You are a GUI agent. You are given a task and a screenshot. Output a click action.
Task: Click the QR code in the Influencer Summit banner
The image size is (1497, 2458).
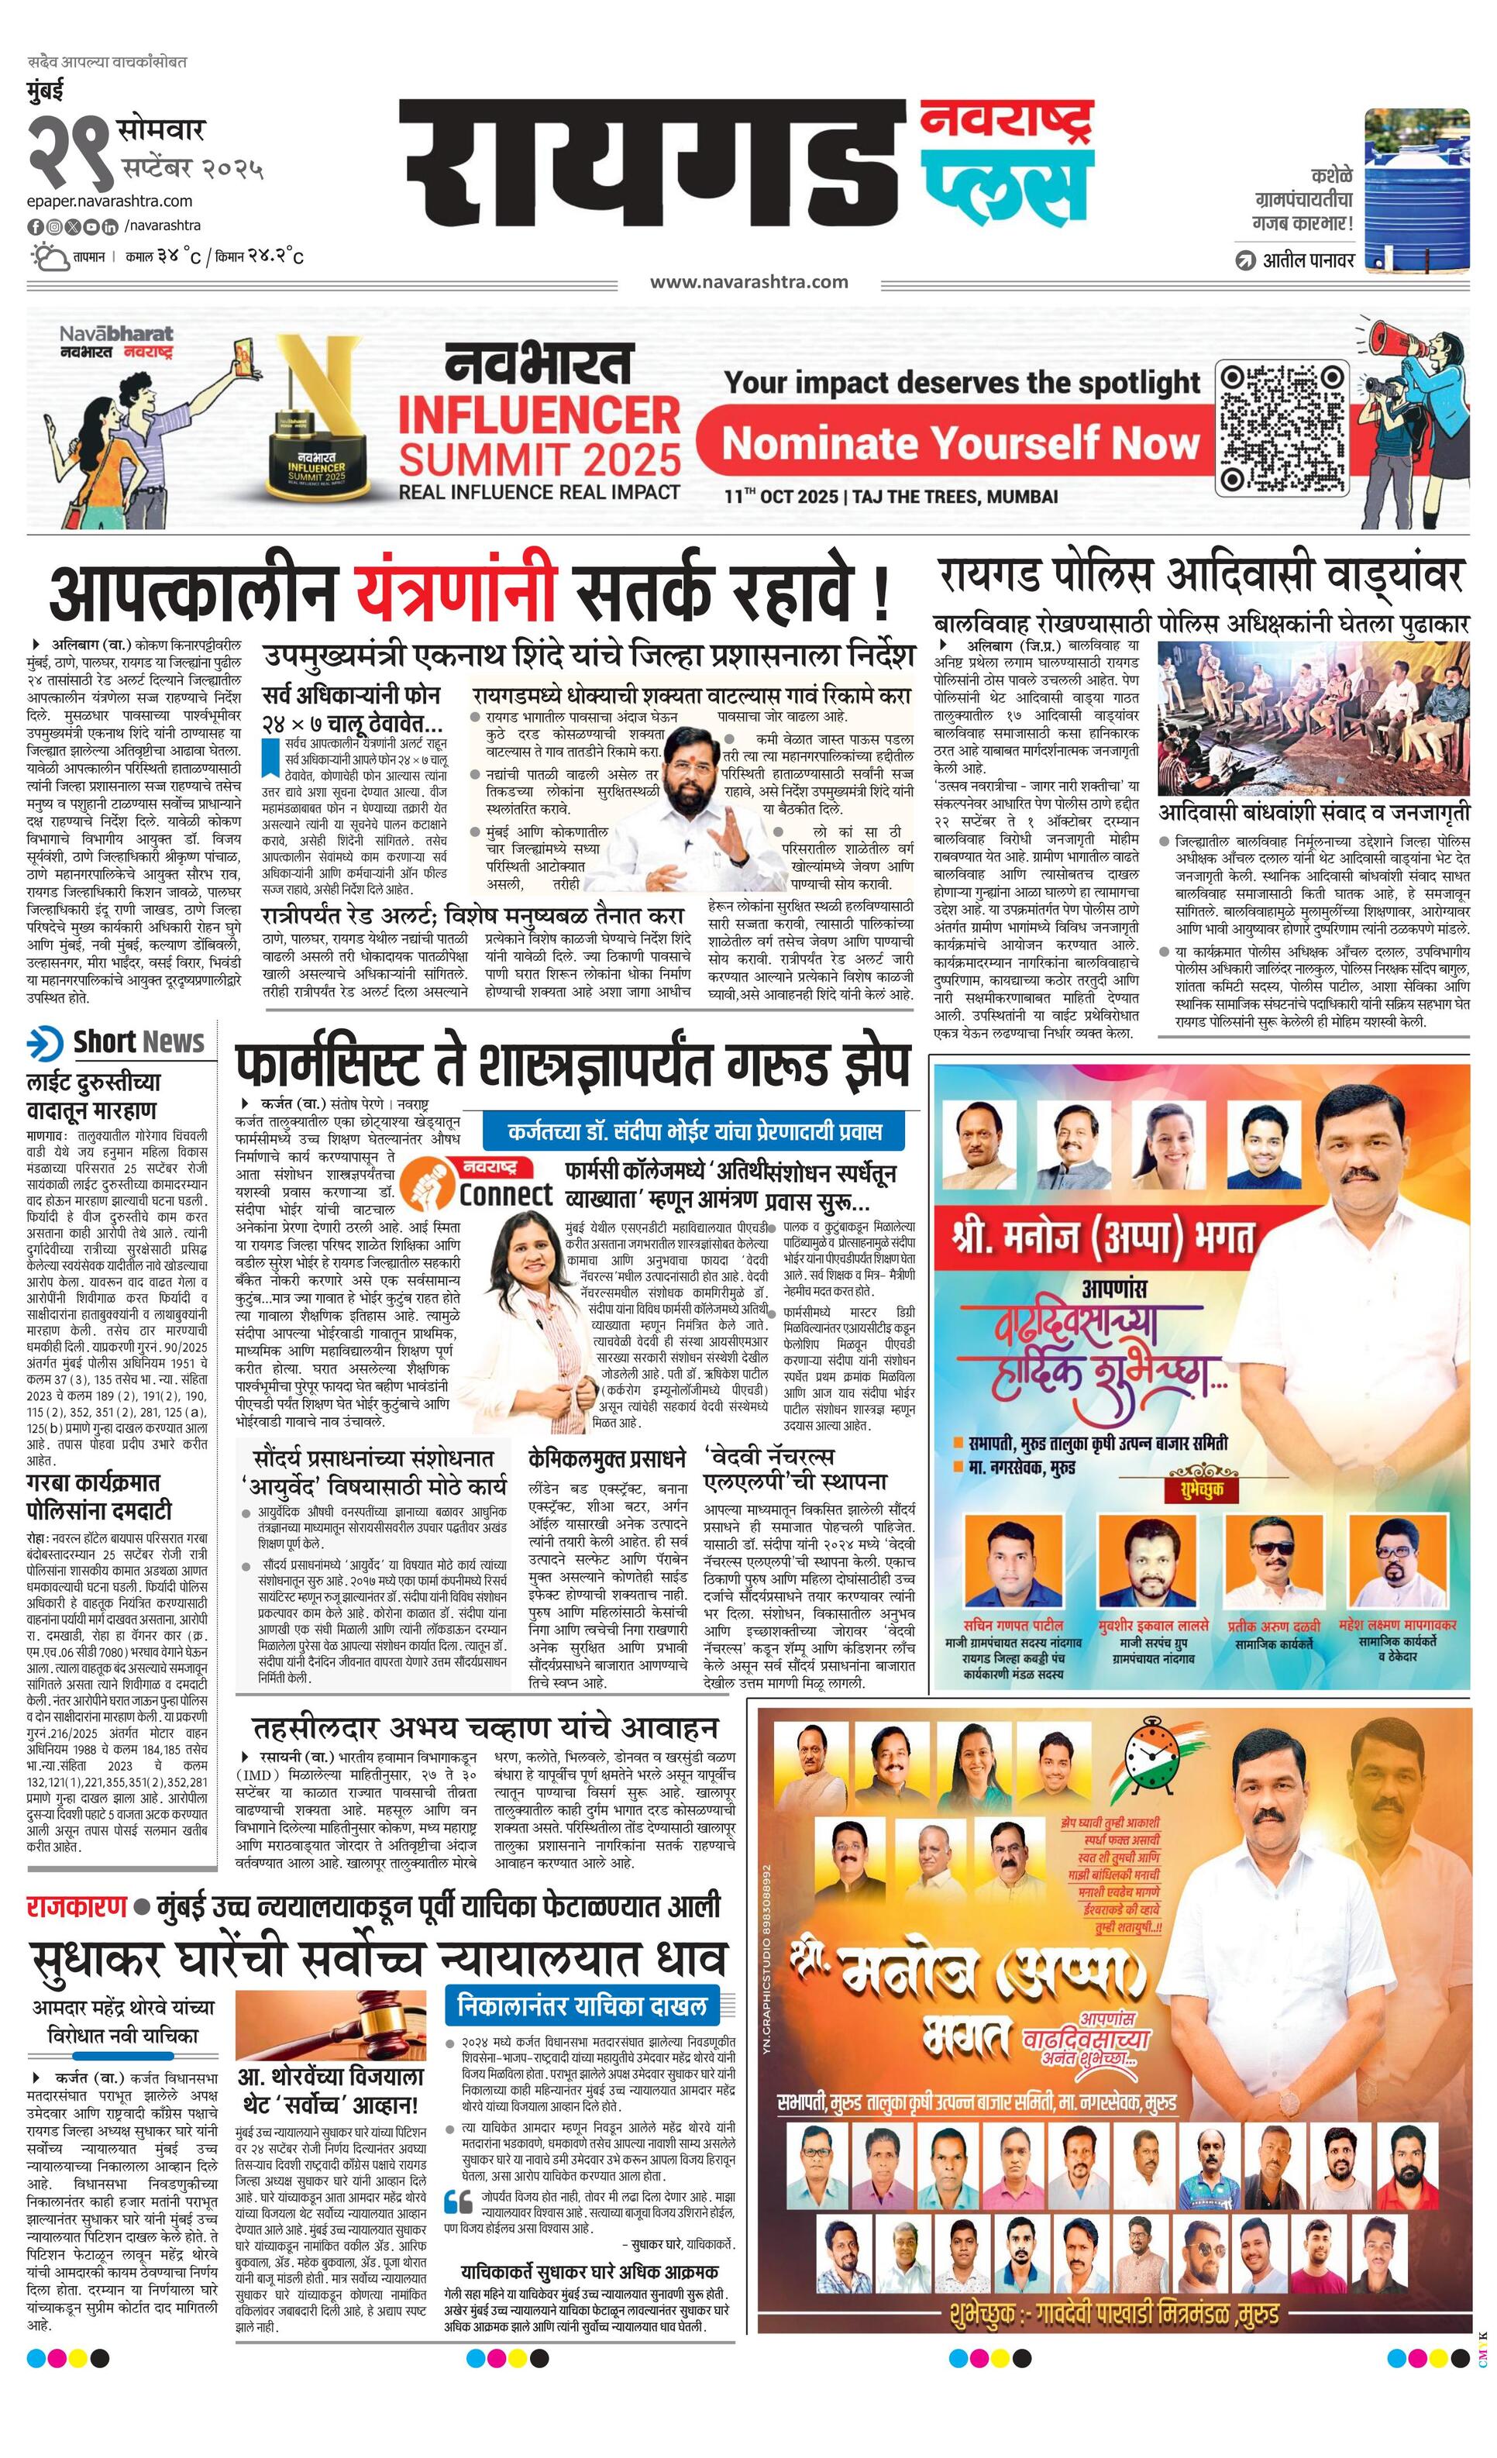click(1282, 428)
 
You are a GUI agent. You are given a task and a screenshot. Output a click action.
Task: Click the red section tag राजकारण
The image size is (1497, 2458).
click(77, 1906)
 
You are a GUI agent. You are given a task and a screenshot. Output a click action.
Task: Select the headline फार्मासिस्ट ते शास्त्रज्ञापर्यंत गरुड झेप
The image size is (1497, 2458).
click(573, 1069)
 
